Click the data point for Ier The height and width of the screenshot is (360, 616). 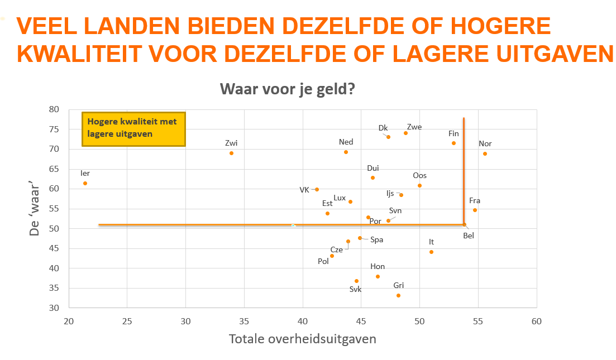click(85, 183)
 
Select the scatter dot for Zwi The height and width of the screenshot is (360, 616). click(231, 153)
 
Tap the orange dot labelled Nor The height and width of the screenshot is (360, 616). click(485, 153)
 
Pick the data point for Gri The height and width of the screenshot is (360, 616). click(398, 295)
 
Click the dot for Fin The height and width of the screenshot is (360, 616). click(453, 143)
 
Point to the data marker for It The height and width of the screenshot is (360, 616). click(431, 252)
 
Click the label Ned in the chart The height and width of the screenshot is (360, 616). click(346, 142)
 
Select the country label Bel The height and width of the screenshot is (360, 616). click(469, 236)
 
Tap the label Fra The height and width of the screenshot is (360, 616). click(475, 200)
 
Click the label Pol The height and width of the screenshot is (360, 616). click(323, 261)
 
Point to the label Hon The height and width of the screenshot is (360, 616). click(378, 267)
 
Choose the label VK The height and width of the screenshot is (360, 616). click(304, 190)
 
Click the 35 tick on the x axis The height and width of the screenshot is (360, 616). click(244, 321)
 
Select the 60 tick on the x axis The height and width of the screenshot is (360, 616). click(536, 321)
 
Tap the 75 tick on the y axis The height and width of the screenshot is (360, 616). click(54, 129)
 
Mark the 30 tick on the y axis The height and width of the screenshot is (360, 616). click(54, 308)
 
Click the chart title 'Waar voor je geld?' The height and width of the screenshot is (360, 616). click(288, 89)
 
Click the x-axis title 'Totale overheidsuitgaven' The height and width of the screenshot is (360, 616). click(302, 339)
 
